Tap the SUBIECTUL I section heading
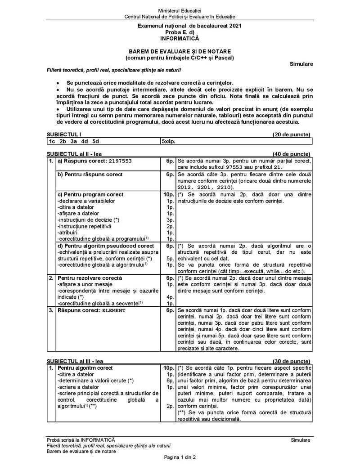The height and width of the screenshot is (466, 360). click(64, 134)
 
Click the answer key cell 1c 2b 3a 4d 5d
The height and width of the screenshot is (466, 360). click(74, 141)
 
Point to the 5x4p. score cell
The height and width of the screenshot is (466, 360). click(168, 141)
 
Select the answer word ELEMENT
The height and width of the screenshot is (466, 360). click(113, 310)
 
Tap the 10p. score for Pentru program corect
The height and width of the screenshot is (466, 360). click(168, 194)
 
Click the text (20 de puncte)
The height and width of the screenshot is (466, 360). click(291, 134)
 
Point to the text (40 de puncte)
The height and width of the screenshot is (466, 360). click(291, 153)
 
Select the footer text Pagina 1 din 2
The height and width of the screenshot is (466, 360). click(180, 457)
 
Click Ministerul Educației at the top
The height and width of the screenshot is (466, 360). click(180, 10)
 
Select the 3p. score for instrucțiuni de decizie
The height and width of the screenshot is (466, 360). click(170, 220)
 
